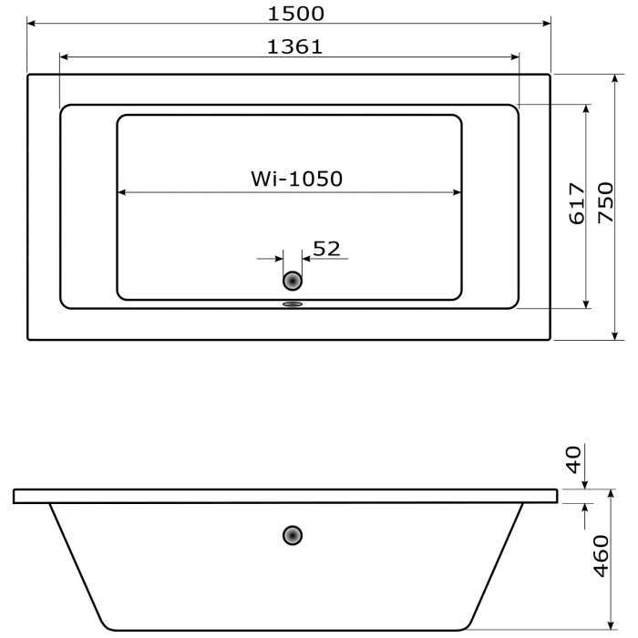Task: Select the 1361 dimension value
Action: point(294,46)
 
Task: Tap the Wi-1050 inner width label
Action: point(296,180)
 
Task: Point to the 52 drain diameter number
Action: point(326,248)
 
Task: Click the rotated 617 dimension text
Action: point(576,204)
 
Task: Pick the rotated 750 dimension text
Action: point(604,204)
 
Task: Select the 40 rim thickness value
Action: point(573,458)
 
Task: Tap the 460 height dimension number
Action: point(601,556)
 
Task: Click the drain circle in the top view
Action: point(293,282)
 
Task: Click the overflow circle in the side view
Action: point(293,535)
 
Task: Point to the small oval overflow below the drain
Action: point(293,305)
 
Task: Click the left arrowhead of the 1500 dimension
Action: point(33,23)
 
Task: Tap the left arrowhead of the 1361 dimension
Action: point(65,57)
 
